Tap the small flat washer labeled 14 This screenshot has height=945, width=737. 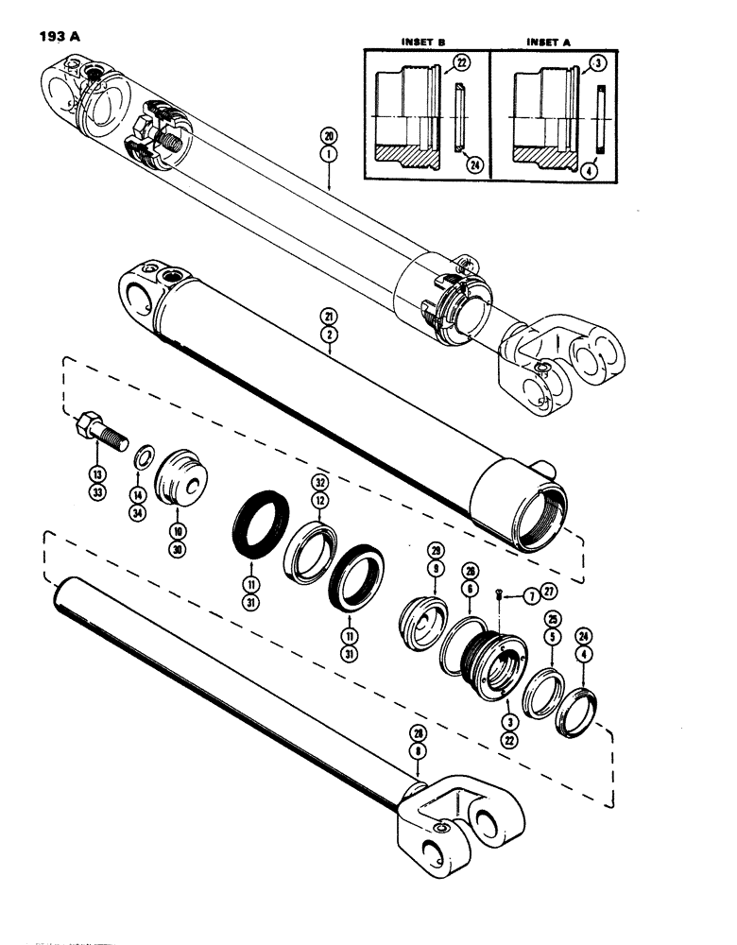pyautogui.click(x=142, y=459)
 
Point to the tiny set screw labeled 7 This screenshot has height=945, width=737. pyautogui.click(x=498, y=594)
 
